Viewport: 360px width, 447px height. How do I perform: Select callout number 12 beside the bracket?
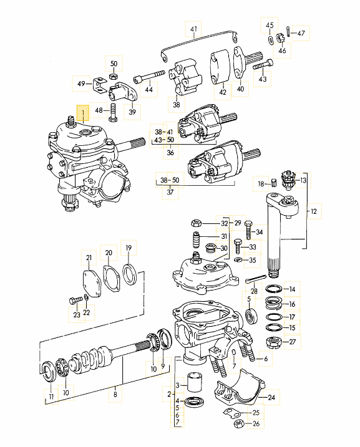point(314,212)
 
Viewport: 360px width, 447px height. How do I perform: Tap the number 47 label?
point(301,33)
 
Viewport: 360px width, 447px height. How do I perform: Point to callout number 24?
point(271,397)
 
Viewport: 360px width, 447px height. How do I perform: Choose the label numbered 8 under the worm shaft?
point(114,393)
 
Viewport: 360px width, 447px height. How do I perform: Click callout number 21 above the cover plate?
point(89,258)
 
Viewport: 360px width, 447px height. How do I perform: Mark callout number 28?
point(254,291)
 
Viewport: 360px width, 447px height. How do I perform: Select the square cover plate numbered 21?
point(91,282)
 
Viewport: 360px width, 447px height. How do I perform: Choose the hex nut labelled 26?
point(238,425)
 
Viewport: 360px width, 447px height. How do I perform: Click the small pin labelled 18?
point(274,182)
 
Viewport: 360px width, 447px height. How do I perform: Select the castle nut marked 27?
point(273,342)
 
